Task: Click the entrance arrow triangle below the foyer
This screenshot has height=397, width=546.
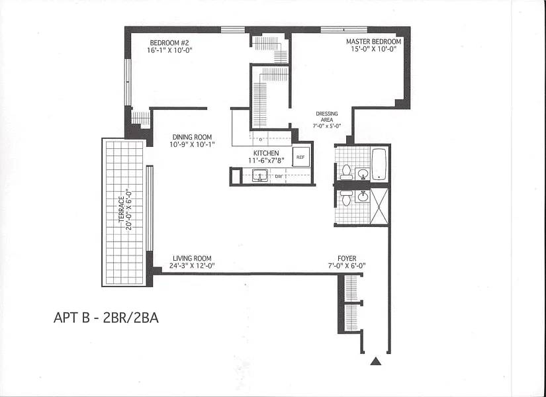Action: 375,361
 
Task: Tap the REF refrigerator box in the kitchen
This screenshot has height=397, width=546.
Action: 300,157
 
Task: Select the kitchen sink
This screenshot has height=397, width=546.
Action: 260,175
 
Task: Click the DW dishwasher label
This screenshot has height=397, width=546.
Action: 279,177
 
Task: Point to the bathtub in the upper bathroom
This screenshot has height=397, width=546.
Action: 379,164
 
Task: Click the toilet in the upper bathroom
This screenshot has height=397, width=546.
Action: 346,173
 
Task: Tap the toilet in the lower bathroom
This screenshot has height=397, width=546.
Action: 346,197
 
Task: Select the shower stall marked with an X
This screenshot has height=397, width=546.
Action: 379,206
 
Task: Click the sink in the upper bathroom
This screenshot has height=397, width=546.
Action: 363,173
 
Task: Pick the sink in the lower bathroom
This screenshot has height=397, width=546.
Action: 363,197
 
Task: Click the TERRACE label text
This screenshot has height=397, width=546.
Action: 122,209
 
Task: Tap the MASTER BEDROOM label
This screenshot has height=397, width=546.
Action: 374,42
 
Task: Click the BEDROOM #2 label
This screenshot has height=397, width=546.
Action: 169,43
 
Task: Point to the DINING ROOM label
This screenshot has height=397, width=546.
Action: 192,137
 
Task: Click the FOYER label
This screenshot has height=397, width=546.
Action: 347,259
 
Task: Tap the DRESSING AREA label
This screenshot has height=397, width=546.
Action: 327,116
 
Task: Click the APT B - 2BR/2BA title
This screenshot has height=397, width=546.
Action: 106,318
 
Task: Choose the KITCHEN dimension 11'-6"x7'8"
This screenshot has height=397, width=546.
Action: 267,161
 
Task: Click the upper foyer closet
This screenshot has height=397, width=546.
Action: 351,288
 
